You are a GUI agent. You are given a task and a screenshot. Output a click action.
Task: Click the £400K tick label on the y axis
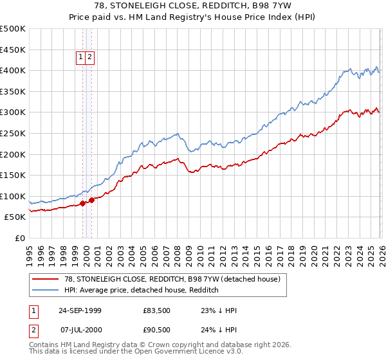pyautogui.click(x=13, y=71)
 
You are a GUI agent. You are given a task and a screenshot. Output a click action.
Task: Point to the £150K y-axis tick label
pyautogui.click(x=13, y=175)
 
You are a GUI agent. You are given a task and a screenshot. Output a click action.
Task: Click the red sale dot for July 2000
pyautogui.click(x=92, y=200)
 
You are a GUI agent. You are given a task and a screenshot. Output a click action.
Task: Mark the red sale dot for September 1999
pyautogui.click(x=83, y=203)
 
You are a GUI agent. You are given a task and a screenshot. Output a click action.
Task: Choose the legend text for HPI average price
pyautogui.click(x=142, y=291)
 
